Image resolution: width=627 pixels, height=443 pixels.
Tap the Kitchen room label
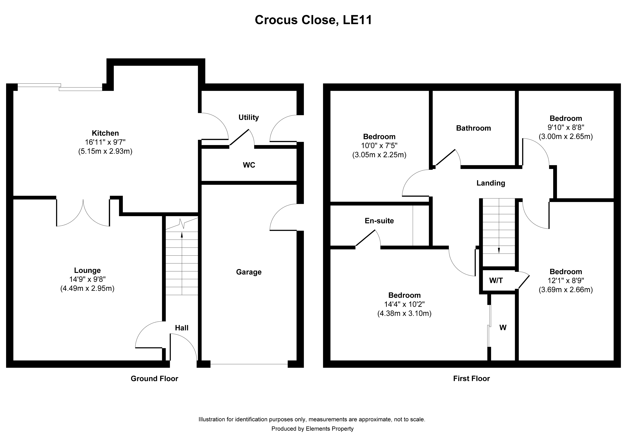pyautogui.click(x=105, y=133)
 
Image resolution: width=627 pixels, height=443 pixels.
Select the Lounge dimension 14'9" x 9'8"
pyautogui.click(x=87, y=279)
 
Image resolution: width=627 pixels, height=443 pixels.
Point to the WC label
pyautogui.click(x=249, y=165)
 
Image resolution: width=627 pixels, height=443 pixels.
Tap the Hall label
pyautogui.click(x=182, y=328)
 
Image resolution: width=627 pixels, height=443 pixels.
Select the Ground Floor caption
pyautogui.click(x=154, y=379)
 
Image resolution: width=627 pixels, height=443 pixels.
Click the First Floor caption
pyautogui.click(x=471, y=379)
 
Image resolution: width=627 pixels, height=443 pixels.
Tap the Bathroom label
pyautogui.click(x=473, y=128)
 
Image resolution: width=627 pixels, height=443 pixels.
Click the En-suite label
pyautogui.click(x=379, y=221)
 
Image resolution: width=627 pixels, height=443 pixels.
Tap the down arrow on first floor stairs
pyautogui.click(x=499, y=250)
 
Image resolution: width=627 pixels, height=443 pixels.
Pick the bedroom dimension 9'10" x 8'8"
pyautogui.click(x=566, y=127)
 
